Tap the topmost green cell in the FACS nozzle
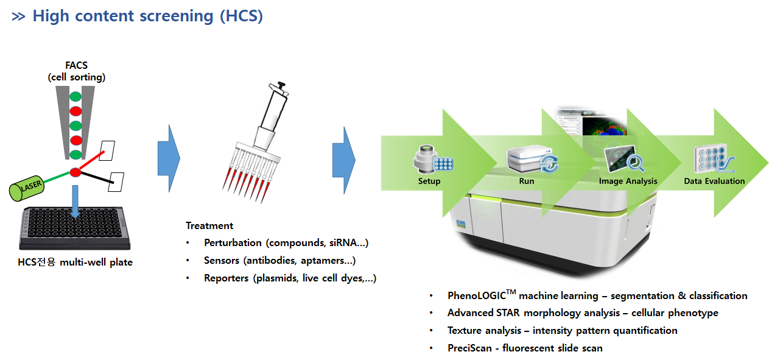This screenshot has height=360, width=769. coord(75,96)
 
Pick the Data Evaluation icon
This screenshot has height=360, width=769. coord(713,160)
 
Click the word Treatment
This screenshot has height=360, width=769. coord(209,225)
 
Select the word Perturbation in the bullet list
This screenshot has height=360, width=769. coord(233,243)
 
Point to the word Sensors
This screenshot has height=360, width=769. coord(223,261)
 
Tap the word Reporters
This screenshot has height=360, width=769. coord(226,278)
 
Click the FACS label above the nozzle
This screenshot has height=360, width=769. coord(77,65)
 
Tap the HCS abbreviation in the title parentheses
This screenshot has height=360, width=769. coord(242,16)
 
